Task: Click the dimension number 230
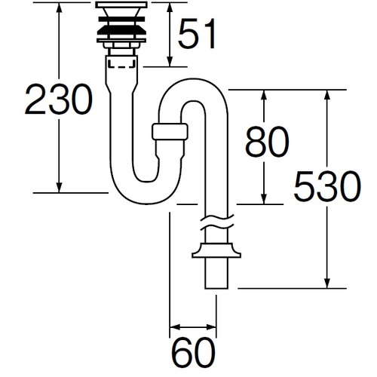coord(59,99)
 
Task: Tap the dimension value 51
coord(197,33)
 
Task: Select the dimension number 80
coord(267,142)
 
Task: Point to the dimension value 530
coord(327,186)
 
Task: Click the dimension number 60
coord(194,352)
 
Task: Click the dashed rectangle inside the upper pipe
coord(121,63)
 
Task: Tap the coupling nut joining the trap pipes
coord(170,131)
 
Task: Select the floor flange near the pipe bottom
coord(216,250)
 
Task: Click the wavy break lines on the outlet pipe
coord(217,222)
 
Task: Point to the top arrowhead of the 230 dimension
coord(59,8)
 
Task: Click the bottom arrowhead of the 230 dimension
coord(59,188)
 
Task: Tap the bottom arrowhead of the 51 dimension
coord(170,62)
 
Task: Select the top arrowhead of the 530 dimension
coord(327,95)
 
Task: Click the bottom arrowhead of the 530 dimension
coord(327,283)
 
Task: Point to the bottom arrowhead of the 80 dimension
coord(264,199)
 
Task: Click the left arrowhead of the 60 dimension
coord(175,327)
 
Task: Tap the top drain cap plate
coord(121,5)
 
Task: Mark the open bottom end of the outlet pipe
coord(216,288)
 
